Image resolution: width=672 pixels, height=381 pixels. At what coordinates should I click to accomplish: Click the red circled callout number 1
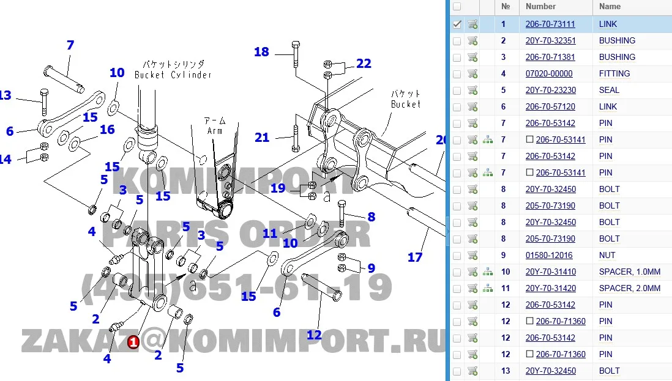click(x=133, y=342)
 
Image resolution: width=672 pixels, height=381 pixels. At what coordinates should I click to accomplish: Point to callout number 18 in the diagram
click(x=261, y=52)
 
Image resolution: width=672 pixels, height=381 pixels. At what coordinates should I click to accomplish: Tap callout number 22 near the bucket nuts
click(x=364, y=64)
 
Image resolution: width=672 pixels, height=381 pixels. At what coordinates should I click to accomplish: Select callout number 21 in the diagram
click(x=262, y=138)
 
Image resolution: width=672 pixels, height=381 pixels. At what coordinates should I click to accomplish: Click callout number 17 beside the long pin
click(x=415, y=257)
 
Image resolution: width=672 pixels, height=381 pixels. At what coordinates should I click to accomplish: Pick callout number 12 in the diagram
click(x=313, y=335)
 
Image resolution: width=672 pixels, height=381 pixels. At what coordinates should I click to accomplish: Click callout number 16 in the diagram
click(x=107, y=130)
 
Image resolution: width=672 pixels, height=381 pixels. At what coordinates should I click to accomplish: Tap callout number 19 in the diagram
click(x=278, y=188)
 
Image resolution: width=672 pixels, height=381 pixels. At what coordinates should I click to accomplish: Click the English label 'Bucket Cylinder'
click(x=173, y=75)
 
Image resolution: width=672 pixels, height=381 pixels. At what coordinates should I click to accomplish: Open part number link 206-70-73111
click(x=550, y=24)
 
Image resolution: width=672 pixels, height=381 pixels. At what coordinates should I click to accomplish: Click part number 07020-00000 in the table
click(x=549, y=74)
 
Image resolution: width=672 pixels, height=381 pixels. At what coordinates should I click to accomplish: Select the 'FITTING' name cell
click(x=614, y=74)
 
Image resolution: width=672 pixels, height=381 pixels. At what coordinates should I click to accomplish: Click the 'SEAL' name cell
click(x=609, y=91)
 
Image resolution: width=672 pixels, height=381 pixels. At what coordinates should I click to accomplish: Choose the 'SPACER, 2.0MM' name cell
click(x=630, y=289)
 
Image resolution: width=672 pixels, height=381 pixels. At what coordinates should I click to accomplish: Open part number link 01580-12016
click(x=549, y=256)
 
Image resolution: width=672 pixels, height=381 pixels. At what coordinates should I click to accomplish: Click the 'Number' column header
click(x=540, y=7)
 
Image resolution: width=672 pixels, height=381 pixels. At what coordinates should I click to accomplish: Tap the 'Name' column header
click(x=610, y=7)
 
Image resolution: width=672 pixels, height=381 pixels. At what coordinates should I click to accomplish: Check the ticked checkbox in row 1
click(x=457, y=24)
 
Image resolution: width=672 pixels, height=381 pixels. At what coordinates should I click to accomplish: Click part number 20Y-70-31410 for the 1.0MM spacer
click(x=550, y=272)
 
